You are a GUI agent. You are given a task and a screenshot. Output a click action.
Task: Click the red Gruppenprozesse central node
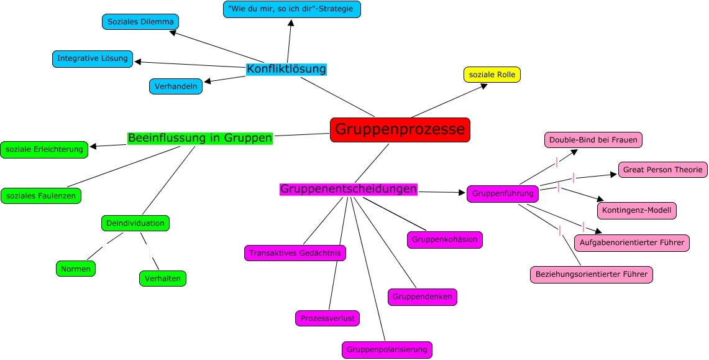[400, 130]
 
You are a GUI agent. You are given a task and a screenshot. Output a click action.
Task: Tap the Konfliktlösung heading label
[286, 69]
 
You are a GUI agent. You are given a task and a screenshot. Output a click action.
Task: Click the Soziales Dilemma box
[140, 22]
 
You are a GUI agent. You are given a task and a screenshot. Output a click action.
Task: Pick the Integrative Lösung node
[93, 59]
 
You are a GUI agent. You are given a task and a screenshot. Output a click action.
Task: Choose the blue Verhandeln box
[176, 86]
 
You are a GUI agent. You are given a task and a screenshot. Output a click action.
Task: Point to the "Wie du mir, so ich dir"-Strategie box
[291, 9]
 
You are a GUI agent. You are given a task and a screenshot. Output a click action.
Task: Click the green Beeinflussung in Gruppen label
[200, 138]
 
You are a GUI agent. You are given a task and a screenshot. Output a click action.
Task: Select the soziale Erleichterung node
[44, 149]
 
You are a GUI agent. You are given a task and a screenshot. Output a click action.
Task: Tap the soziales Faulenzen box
[41, 196]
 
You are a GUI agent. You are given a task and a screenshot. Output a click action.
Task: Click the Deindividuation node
[135, 223]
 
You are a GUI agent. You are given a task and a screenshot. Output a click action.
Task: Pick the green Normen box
[76, 269]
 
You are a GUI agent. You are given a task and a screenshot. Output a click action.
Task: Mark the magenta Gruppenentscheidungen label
[348, 189]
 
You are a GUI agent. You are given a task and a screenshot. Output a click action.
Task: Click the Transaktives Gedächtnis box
[295, 253]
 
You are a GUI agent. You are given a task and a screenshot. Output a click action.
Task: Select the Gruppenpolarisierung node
[387, 349]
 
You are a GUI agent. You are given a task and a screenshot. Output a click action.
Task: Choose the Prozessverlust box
[327, 318]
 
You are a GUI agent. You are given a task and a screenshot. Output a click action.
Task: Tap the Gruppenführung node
[503, 193]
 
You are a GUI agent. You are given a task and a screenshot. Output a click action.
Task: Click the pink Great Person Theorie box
[662, 169]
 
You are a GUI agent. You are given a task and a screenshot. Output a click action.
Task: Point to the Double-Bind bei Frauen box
[593, 140]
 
